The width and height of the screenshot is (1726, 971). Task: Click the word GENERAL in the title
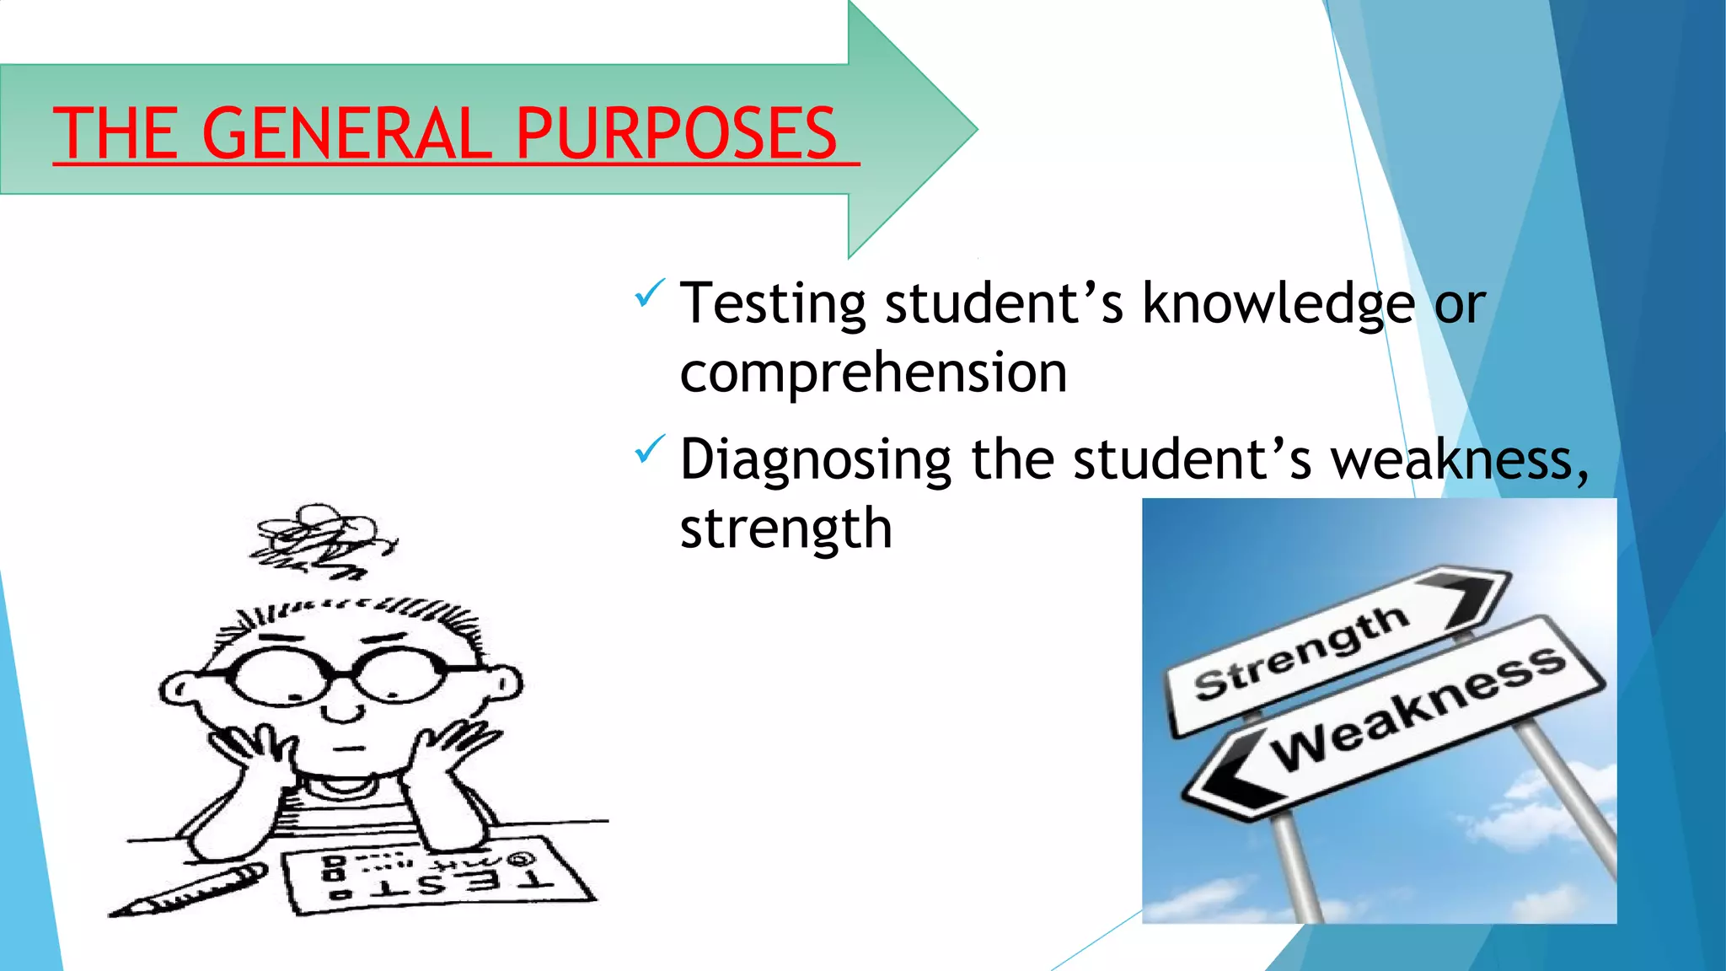pos(346,133)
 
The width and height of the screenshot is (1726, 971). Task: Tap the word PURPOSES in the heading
pos(676,133)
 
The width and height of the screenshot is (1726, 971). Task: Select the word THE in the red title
pos(115,133)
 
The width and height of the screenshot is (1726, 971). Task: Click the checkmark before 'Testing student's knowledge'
pos(649,293)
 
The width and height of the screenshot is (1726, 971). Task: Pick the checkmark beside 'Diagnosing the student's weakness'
pos(649,448)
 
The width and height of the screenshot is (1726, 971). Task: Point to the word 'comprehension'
pos(873,373)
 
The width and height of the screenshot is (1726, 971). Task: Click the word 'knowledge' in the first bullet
pos(1278,303)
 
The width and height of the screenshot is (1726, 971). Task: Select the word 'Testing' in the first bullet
pos(773,303)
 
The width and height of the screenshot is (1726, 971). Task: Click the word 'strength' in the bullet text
pos(785,529)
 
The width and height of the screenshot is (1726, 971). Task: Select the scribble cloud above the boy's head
pos(320,539)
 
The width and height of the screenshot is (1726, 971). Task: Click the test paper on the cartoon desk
pos(438,877)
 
